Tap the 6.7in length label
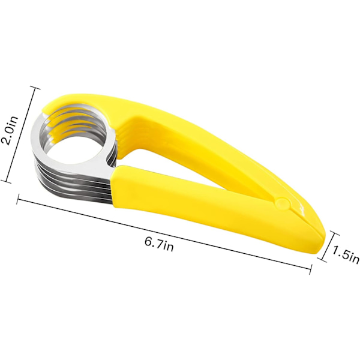pos(159,245)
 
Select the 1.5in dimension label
pos(346,255)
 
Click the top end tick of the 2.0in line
pos(35,88)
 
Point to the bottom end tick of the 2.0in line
pos(6,181)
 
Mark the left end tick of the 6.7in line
pos(18,199)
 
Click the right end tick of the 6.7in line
pos(311,269)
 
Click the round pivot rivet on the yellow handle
pos(282,203)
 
